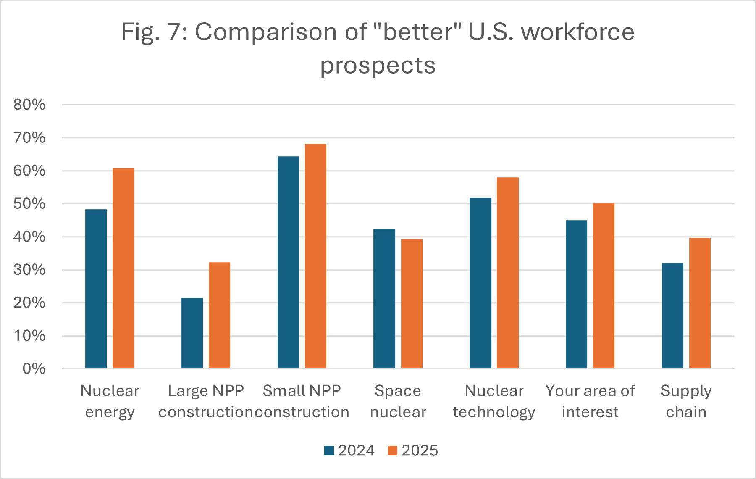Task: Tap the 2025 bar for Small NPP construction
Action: (315, 256)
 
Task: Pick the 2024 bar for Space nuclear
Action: (384, 298)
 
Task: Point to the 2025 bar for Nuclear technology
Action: (508, 273)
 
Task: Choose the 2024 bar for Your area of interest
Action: (576, 294)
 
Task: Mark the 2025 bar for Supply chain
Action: (700, 303)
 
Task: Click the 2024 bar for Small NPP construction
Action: (288, 262)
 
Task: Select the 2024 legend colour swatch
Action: (329, 450)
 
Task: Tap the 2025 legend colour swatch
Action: (392, 450)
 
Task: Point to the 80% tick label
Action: (29, 105)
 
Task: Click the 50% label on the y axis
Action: (29, 204)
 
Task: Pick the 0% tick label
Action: (34, 369)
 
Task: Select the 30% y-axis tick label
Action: (29, 270)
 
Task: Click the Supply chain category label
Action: (686, 401)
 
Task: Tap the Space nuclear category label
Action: (398, 401)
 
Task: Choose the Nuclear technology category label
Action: (494, 401)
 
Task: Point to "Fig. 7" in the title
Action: (153, 32)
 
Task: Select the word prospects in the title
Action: (378, 66)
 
